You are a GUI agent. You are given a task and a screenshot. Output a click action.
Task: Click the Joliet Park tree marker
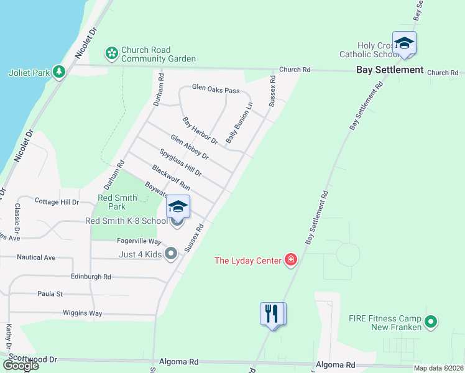59,72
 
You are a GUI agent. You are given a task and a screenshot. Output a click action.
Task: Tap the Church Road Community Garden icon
111,53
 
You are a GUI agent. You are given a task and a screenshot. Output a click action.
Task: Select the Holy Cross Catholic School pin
404,44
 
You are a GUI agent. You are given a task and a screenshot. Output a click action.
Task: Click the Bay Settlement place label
390,70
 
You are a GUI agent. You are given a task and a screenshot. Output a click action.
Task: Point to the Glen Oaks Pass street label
216,90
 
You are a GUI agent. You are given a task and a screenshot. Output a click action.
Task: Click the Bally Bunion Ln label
239,124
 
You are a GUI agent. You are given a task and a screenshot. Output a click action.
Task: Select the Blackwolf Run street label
170,177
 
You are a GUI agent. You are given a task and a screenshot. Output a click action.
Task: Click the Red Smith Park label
112,203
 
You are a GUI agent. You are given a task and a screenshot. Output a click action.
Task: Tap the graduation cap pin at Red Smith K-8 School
178,208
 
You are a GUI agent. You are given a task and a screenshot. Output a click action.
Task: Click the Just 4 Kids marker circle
172,253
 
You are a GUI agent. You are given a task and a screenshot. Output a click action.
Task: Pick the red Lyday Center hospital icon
290,259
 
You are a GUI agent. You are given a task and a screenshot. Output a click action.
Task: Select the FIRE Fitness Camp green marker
430,321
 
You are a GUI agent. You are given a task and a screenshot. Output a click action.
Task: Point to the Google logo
20,366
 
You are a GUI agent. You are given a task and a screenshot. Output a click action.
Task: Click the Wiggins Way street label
82,313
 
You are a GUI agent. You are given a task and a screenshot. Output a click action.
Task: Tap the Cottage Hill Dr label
57,202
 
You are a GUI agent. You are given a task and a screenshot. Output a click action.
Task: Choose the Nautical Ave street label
36,257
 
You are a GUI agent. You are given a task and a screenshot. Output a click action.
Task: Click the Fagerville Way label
139,241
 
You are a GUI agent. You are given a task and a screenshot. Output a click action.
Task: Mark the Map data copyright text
437,368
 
